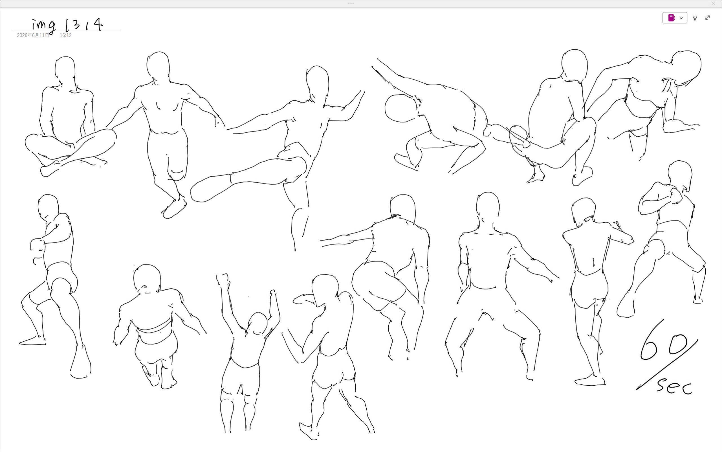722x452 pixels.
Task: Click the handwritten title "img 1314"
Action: tap(67, 25)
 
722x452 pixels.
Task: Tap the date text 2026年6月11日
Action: tap(33, 35)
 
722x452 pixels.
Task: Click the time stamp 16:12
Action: tap(65, 35)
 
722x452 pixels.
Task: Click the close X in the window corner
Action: tap(713, 4)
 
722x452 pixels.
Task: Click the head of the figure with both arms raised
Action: tap(257, 324)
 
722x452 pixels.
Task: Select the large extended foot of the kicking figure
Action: tap(210, 189)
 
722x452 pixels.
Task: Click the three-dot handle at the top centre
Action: tap(351, 3)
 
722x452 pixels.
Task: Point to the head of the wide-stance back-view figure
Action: tap(488, 204)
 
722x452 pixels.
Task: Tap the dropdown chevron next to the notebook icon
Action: tap(681, 18)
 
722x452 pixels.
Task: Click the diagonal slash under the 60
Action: tap(667, 365)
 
